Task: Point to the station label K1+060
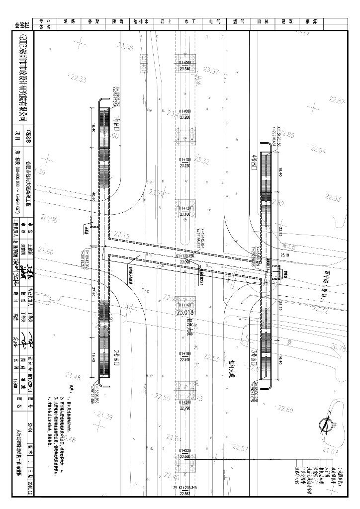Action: (185, 63)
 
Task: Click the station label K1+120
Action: (185, 209)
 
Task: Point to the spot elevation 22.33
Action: (78, 79)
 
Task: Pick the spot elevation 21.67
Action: (330, 450)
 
